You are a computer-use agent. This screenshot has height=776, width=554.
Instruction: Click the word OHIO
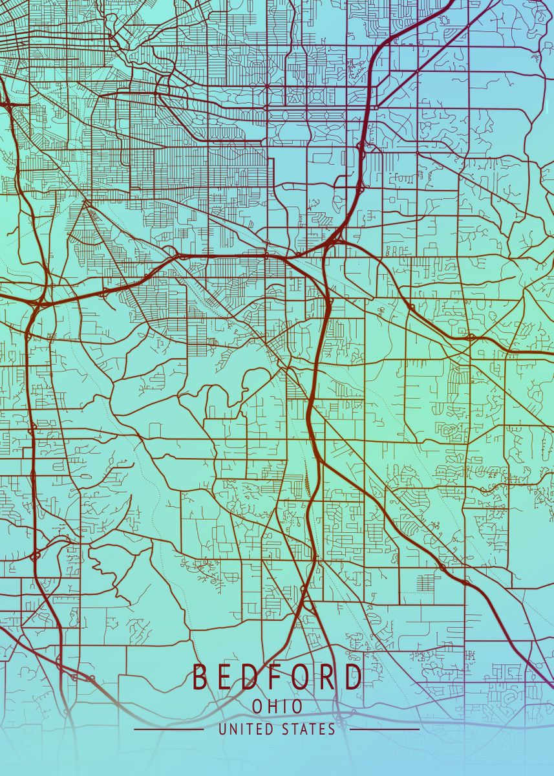point(277,707)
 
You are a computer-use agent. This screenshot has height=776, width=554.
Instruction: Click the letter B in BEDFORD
point(200,677)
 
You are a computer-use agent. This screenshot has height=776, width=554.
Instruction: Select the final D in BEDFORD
point(353,677)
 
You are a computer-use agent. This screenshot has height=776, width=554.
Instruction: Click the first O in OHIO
point(257,707)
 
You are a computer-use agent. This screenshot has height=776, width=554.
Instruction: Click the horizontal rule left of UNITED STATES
point(168,729)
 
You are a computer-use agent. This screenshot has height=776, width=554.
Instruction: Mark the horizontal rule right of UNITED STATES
point(384,729)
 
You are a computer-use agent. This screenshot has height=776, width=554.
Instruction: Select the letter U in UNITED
point(222,729)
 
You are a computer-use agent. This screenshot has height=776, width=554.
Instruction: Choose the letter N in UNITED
point(233,729)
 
